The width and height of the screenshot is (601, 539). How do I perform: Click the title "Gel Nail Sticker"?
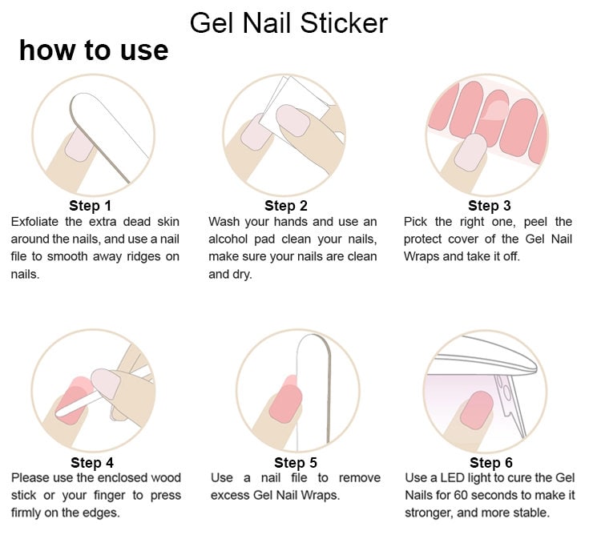288,22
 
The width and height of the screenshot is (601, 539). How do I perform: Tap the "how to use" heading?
94,50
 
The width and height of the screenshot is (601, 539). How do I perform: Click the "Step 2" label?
286,206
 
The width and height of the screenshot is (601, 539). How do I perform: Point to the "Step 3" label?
489,206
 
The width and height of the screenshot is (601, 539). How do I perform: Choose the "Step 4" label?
92,462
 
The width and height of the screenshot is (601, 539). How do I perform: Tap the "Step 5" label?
296,462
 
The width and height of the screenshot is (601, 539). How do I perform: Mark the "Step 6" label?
491,462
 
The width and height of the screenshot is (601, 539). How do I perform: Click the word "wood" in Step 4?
165,478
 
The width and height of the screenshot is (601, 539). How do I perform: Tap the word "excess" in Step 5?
232,496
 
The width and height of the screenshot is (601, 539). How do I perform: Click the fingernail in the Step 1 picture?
79,146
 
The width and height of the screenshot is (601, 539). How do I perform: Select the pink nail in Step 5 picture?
284,400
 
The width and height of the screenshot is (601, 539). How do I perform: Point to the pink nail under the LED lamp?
479,408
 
